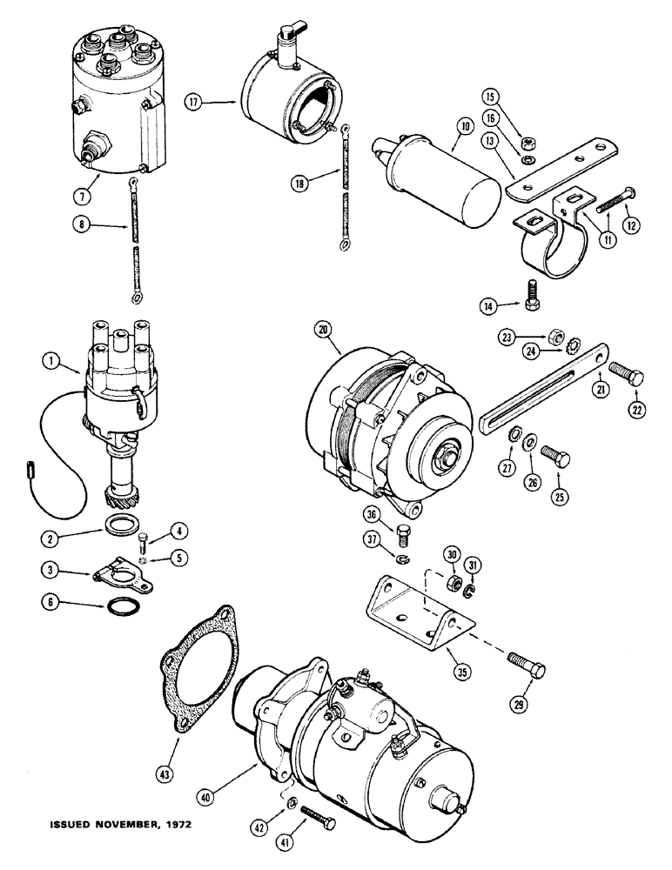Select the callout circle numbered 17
tap(193, 102)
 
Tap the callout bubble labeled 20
tap(324, 329)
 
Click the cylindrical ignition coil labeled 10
tap(457, 185)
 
